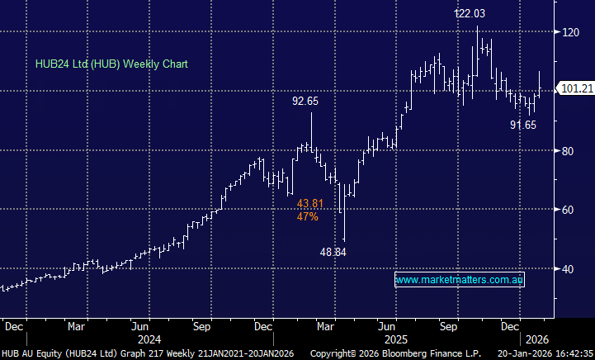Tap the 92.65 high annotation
tap(305, 102)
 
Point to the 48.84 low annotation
tap(334, 253)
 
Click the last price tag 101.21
tap(577, 88)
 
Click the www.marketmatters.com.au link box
tap(460, 281)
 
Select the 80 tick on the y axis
tap(569, 151)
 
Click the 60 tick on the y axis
tap(569, 210)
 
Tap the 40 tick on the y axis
tap(569, 269)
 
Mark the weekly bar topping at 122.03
tap(477, 50)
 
